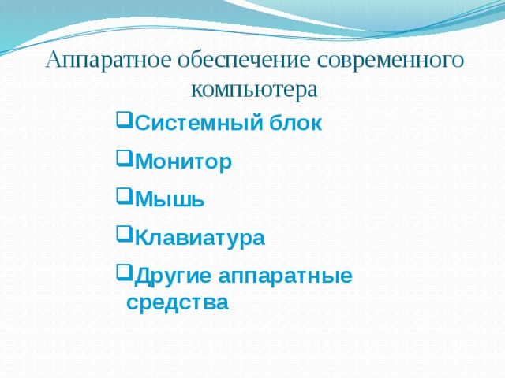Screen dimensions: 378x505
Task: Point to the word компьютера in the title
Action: (x=254, y=88)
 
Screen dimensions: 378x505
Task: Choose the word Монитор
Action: (x=184, y=162)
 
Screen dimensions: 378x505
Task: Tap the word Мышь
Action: (x=170, y=200)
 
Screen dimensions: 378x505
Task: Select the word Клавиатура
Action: (x=200, y=238)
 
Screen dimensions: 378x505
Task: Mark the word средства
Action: (x=178, y=302)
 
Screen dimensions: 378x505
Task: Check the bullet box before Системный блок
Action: (x=122, y=122)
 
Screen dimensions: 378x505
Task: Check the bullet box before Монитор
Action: (x=122, y=160)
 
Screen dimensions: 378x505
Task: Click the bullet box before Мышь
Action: (x=122, y=198)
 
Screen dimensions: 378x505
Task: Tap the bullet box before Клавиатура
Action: (x=122, y=235)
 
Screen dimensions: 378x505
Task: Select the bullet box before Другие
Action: (x=122, y=273)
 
